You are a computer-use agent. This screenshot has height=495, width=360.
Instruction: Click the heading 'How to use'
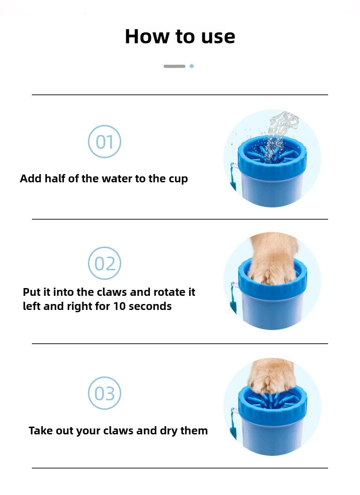tap(180, 36)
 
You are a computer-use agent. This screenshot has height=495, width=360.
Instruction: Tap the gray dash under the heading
tap(174, 66)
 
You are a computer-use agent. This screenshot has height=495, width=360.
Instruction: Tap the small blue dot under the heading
tap(191, 66)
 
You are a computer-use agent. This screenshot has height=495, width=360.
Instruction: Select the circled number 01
tap(104, 142)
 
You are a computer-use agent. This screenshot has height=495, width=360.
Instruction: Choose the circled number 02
tap(104, 263)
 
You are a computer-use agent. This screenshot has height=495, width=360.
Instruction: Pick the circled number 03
tap(104, 393)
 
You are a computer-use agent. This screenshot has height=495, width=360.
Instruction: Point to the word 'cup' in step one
tap(178, 179)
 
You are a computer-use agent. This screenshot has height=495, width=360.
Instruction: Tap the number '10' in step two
tap(119, 306)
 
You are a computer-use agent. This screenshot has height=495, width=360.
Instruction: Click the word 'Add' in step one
tap(30, 179)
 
